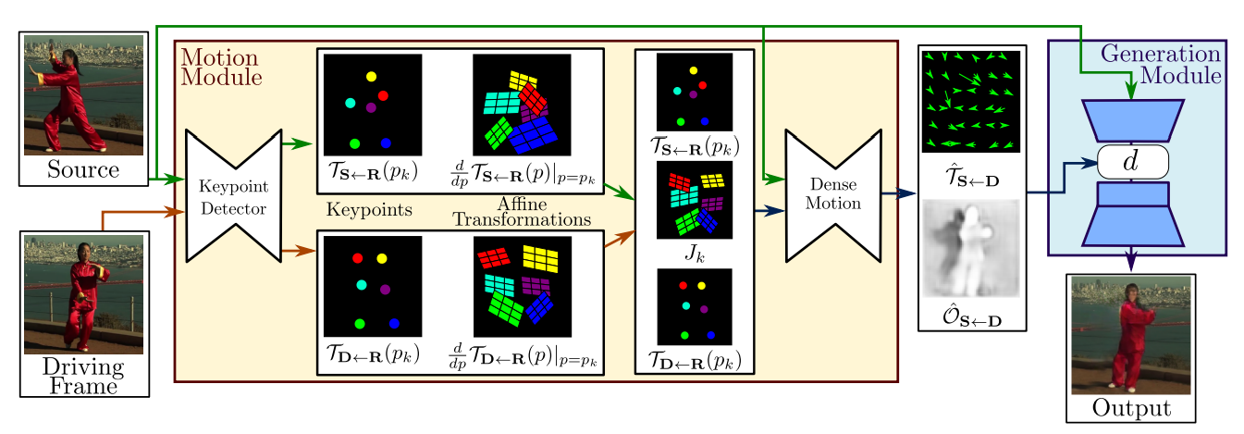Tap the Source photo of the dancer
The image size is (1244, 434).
click(x=83, y=93)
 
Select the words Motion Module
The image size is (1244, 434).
click(x=222, y=68)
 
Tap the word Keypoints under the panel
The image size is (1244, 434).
click(x=369, y=210)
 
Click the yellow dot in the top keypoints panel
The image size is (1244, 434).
click(x=372, y=76)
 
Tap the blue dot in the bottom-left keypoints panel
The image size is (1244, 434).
click(x=394, y=323)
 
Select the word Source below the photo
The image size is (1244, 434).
click(x=83, y=170)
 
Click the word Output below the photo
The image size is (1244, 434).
click(x=1130, y=407)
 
